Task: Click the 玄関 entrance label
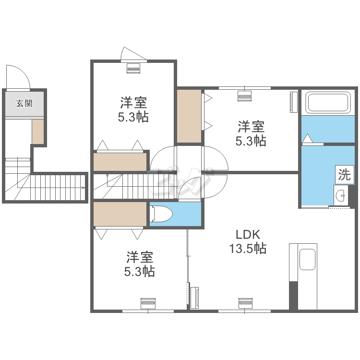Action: coord(24,103)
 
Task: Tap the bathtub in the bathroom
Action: coord(328,102)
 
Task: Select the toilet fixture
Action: coord(161,214)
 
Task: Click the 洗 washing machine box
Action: coord(344,175)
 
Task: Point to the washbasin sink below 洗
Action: coord(341,195)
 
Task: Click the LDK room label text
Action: coord(248,235)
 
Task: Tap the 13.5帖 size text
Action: coord(248,248)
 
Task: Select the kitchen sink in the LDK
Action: coord(307,259)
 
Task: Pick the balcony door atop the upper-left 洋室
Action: coord(134,55)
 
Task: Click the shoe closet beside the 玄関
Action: coord(38,132)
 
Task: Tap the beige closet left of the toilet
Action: coord(120,214)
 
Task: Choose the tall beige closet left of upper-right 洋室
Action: coord(189,116)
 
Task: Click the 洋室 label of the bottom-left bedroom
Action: coord(140,257)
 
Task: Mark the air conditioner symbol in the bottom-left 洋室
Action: coord(148,303)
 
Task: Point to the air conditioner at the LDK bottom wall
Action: coord(246,303)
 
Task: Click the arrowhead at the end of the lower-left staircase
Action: coord(83,188)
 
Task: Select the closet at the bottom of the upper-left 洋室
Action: coord(120,162)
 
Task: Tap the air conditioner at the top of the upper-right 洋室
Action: coord(244,96)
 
